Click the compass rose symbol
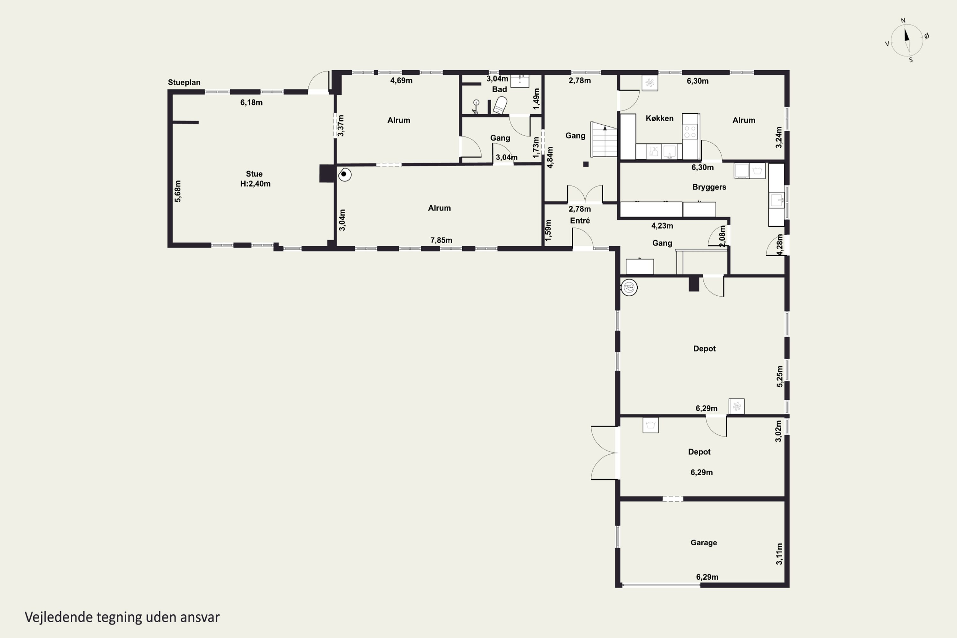click(x=907, y=40)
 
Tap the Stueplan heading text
click(x=184, y=82)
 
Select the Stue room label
click(x=254, y=174)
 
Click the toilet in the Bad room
click(x=500, y=105)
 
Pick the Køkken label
click(x=660, y=118)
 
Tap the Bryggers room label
click(x=709, y=187)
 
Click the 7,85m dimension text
click(x=441, y=241)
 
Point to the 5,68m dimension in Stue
click(x=178, y=191)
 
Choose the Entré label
click(x=580, y=220)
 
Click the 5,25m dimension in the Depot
click(x=780, y=376)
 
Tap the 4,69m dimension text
click(x=401, y=81)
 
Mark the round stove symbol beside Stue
click(x=344, y=174)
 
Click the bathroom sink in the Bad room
click(x=520, y=81)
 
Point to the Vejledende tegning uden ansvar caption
click(x=122, y=617)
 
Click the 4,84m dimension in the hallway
click(x=550, y=158)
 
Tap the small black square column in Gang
click(x=586, y=164)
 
